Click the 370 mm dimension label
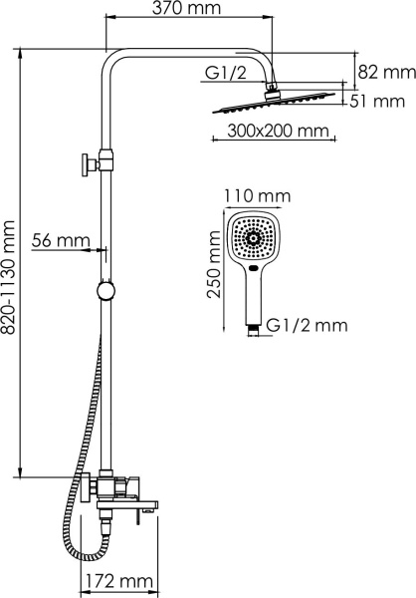click(186, 8)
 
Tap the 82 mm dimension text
click(386, 72)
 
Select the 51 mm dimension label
click(377, 102)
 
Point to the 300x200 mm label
click(278, 131)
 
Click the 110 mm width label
click(257, 196)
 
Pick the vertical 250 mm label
click(214, 264)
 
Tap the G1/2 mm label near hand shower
click(307, 325)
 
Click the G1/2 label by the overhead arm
click(226, 72)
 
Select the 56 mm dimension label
click(61, 240)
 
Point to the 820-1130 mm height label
click(8, 278)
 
